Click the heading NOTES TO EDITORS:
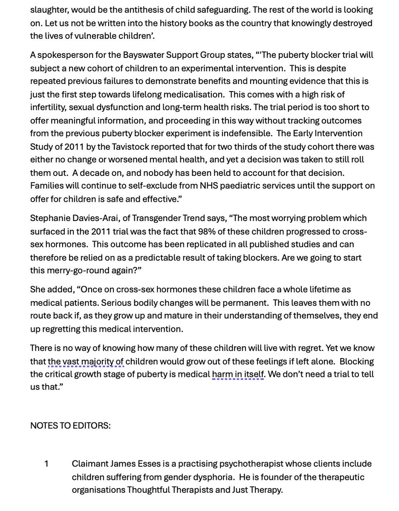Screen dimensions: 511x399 tap(70, 425)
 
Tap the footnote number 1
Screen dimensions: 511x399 tap(46, 463)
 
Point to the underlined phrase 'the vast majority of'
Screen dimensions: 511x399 tap(85, 361)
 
